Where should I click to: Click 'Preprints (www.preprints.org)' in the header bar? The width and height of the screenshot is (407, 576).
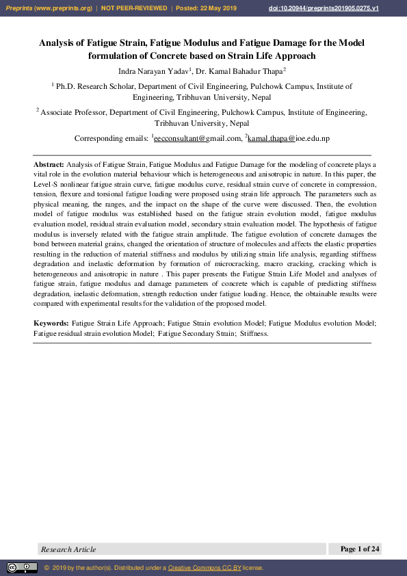pos(49,8)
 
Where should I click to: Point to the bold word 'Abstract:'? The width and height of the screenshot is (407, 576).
pos(49,165)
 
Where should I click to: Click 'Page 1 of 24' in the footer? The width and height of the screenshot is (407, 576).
pos(359,549)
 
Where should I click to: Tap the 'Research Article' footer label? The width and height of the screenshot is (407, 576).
pos(68,549)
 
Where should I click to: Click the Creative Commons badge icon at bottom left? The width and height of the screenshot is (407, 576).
pos(22,568)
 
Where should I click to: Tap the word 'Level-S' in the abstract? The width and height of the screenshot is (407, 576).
pos(47,185)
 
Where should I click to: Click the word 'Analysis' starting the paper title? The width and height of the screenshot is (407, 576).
pos(55,42)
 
